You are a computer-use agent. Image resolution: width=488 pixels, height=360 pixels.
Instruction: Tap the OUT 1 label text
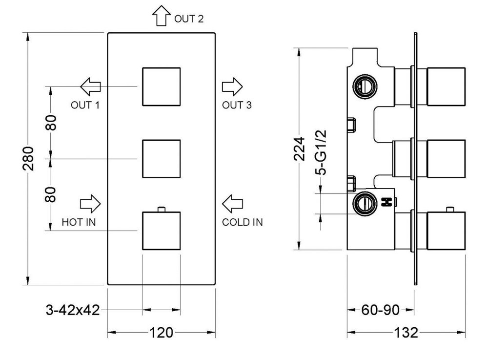tap(85, 105)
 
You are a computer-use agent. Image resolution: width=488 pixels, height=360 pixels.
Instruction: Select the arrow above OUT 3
tap(232, 87)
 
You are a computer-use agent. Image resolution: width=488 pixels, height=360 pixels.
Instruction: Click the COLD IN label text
tap(243, 222)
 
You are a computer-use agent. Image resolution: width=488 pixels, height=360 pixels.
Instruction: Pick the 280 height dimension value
tap(29, 159)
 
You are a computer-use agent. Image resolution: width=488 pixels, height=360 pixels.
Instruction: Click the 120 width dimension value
tap(162, 333)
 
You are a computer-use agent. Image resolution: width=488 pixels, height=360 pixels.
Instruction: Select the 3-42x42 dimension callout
tap(73, 310)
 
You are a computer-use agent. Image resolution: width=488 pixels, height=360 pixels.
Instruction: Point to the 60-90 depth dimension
tap(381, 310)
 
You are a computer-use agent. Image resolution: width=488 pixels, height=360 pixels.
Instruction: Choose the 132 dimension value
tap(406, 333)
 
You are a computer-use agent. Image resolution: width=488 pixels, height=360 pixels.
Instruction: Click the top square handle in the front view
tap(161, 86)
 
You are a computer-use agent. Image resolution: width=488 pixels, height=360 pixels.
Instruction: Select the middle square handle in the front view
tap(161, 159)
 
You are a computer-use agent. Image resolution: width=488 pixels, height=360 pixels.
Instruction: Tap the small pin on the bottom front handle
tap(161, 210)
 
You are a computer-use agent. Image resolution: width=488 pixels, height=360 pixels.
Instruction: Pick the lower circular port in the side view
tap(364, 204)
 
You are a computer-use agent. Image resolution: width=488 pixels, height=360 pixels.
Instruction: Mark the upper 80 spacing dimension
tap(51, 122)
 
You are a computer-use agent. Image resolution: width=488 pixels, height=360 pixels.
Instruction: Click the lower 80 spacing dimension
tap(51, 194)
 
